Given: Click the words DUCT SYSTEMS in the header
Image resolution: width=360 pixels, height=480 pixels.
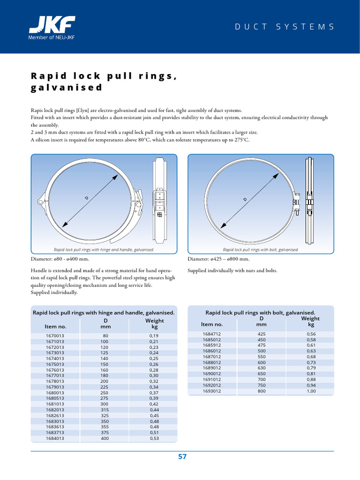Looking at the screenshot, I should tap(285, 27).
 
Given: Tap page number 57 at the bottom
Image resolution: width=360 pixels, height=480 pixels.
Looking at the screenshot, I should tap(182, 457).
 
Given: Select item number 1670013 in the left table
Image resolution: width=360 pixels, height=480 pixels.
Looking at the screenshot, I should tap(55, 336).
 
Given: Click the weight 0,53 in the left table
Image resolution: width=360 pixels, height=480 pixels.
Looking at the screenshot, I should tap(154, 438).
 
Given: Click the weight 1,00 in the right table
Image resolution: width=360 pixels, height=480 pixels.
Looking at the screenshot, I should tap(311, 391).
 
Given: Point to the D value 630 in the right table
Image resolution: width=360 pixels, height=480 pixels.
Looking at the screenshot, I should tap(261, 368).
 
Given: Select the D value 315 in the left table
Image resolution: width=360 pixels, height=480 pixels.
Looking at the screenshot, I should tap(105, 410).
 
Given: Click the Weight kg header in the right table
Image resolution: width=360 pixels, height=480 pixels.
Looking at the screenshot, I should tap(311, 321).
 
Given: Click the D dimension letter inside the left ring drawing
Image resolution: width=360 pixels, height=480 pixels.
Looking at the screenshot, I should tap(87, 198).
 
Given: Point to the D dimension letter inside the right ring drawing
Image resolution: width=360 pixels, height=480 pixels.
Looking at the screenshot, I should tap(245, 199).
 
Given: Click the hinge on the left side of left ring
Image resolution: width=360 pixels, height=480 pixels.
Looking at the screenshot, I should tap(40, 202).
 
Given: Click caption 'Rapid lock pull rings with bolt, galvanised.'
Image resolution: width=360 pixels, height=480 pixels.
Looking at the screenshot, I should tap(261, 250).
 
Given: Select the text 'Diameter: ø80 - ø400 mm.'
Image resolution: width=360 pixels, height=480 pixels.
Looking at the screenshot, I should tap(60, 259).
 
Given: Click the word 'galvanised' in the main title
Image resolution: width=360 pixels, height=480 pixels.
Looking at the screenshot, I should tap(66, 88).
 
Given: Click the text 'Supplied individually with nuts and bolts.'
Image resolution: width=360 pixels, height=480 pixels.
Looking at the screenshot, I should tap(232, 270).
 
